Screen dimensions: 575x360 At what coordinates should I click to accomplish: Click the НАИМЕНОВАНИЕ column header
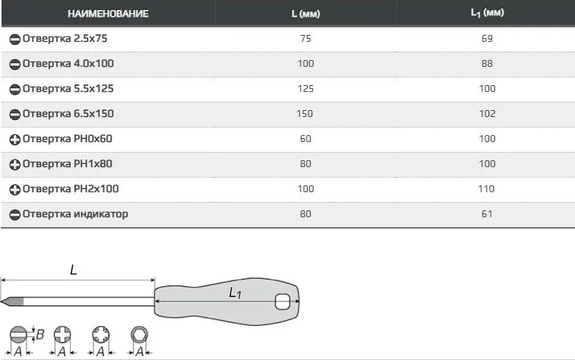108,14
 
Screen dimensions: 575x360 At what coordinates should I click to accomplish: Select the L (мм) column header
305,14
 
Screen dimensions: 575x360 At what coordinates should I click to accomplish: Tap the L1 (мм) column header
488,13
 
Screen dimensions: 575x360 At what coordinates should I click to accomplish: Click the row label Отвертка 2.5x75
65,39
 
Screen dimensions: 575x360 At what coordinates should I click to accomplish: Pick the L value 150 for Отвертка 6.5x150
305,114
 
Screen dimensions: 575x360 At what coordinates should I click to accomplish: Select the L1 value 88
487,64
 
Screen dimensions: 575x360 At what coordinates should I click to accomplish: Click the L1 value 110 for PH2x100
486,189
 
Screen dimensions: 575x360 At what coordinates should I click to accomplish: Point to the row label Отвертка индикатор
75,214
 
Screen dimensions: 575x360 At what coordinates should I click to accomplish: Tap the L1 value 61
487,214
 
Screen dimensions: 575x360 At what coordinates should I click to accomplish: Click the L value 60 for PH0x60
305,139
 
